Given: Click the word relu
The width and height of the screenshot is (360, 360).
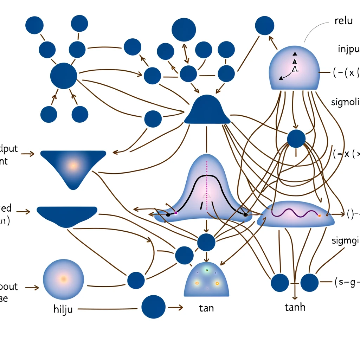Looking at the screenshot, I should [x=343, y=21].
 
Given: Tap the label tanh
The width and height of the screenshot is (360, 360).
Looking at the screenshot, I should [x=295, y=307].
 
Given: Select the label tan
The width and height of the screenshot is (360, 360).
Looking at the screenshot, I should [x=206, y=308].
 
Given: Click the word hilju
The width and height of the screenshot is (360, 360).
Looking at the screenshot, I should [x=63, y=310].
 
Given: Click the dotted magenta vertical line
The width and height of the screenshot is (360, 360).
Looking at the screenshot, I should [x=207, y=197].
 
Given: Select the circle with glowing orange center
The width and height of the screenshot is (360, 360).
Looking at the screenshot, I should [x=64, y=278].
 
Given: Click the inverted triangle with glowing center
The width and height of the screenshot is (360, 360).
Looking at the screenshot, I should [x=73, y=167].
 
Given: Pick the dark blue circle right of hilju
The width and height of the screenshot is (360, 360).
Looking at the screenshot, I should [x=153, y=307].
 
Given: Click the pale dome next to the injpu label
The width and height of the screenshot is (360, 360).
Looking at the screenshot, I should [x=294, y=69].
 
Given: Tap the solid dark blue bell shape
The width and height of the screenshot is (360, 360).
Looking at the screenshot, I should [x=207, y=111].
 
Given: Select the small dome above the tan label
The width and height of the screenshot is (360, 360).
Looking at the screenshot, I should [x=206, y=279].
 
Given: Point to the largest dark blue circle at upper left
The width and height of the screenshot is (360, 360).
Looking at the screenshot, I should [x=64, y=76].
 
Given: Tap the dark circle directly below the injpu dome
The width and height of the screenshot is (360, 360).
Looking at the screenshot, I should [x=296, y=139].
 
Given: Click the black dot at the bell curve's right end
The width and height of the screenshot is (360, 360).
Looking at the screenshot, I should [x=245, y=214].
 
